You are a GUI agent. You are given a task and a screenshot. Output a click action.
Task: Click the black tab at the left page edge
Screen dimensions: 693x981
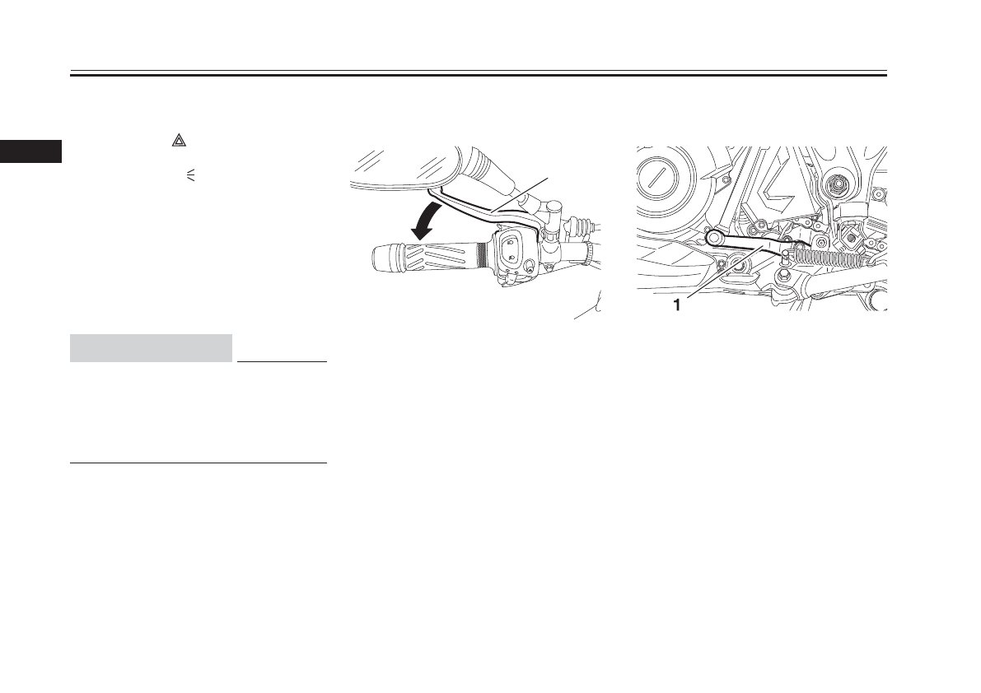pos(30,151)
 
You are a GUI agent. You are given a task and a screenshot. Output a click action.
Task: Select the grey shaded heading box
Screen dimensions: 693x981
pos(152,348)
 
